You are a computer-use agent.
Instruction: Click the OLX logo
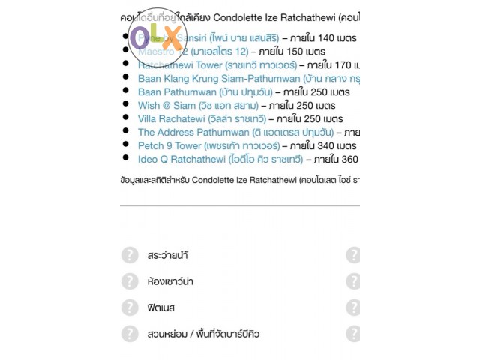point(156,37)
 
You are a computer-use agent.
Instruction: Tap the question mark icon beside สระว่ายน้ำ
point(130,255)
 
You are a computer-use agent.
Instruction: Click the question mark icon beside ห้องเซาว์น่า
point(130,281)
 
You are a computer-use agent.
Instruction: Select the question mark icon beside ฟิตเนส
point(130,307)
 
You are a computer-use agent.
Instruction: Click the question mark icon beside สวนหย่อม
point(130,334)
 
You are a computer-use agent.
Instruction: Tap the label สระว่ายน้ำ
point(168,255)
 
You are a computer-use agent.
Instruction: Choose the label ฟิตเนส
point(161,307)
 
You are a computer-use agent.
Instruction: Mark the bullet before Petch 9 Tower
point(126,145)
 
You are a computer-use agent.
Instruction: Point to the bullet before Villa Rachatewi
point(126,118)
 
